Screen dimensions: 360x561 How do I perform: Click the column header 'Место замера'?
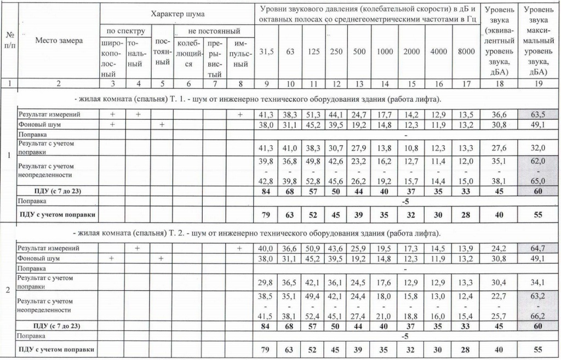pos(59,41)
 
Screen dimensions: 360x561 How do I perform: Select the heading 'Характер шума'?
pos(176,12)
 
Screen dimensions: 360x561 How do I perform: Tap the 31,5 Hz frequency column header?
pos(266,52)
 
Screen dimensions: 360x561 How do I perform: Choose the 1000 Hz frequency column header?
pos(385,52)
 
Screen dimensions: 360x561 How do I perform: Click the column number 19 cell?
pos(538,84)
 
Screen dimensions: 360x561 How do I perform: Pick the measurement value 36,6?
pos(497,115)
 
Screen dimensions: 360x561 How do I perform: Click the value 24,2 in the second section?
pos(497,248)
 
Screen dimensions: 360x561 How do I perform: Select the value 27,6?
pos(497,148)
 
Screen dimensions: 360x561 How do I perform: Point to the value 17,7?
pos(385,115)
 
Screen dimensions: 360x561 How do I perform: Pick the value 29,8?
pos(266,282)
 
